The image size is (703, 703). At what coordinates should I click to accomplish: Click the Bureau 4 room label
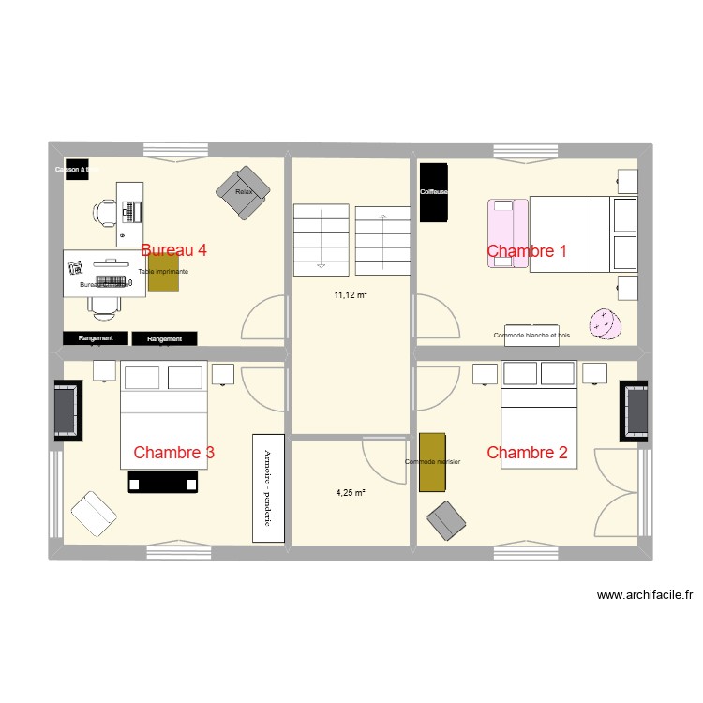[173, 250]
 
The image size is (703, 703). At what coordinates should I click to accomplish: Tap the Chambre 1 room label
[527, 250]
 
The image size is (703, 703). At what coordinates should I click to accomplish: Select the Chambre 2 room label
[527, 453]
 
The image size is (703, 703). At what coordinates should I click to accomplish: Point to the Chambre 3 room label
[173, 453]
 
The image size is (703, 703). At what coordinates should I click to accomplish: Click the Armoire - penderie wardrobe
[267, 487]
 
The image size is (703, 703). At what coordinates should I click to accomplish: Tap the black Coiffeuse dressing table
[433, 192]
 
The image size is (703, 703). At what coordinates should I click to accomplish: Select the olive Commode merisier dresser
[432, 461]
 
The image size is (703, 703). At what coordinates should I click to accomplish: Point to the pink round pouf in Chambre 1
[605, 323]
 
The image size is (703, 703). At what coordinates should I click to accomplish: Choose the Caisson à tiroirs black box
[75, 170]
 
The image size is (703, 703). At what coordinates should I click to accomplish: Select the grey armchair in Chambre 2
[447, 521]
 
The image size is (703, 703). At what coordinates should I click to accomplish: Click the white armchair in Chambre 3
[93, 512]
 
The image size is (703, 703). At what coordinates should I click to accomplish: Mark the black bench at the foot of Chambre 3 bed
[166, 482]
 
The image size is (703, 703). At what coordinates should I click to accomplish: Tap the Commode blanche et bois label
[531, 335]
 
